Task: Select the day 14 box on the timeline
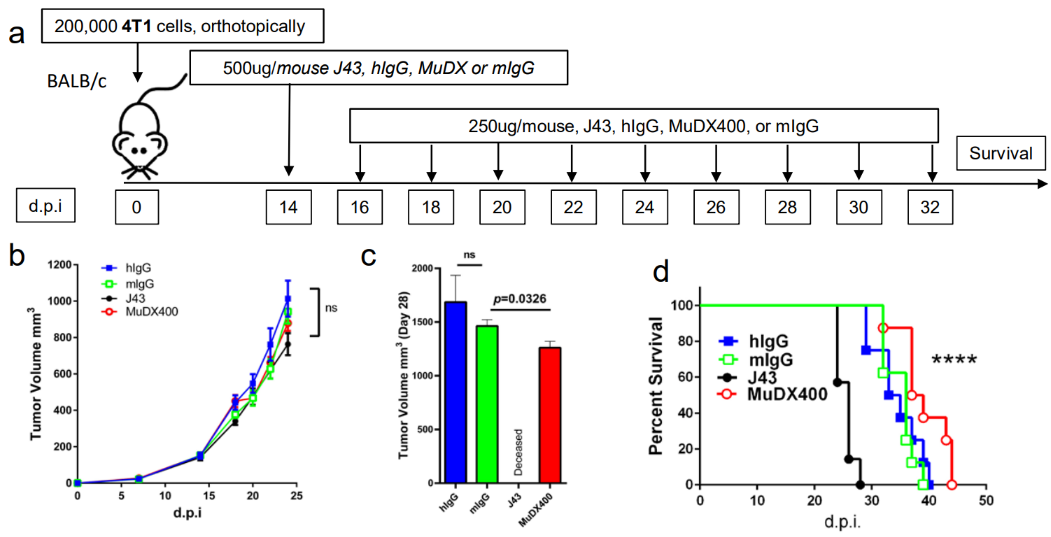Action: [289, 207]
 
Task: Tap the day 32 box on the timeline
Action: [930, 207]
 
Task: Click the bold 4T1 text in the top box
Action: [136, 26]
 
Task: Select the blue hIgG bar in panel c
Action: [455, 391]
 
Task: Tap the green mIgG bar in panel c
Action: [487, 404]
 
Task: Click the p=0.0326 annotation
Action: [519, 299]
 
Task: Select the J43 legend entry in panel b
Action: [135, 298]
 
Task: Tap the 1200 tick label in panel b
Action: [60, 265]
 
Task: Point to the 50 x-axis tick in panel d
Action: [986, 500]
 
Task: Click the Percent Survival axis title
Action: [655, 385]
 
